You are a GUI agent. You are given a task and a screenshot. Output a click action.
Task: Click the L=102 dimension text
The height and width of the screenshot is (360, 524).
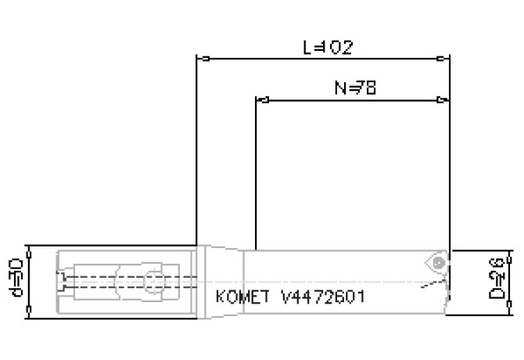(328, 47)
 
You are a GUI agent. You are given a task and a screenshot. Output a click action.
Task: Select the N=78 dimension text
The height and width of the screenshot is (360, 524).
(355, 88)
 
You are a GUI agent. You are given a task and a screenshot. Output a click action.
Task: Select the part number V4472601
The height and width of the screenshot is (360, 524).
(321, 297)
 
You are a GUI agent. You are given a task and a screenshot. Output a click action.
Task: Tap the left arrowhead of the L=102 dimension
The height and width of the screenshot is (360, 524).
(200, 59)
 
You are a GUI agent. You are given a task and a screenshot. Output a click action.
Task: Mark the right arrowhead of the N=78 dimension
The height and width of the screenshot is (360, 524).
(443, 100)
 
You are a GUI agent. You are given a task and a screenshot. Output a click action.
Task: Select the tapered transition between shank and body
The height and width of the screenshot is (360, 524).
(223, 282)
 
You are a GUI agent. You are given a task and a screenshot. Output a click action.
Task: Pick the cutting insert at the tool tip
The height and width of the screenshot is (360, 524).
(435, 264)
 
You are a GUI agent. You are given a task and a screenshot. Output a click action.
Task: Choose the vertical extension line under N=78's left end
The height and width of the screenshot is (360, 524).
(256, 172)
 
